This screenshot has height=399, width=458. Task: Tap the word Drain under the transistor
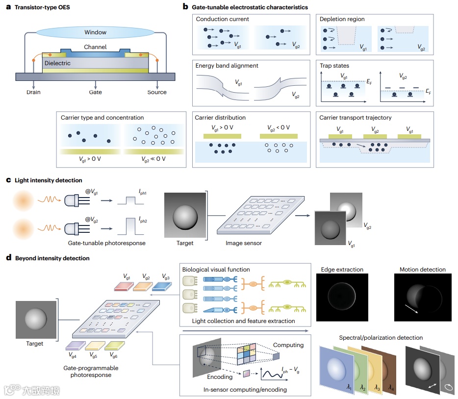pyautogui.click(x=34, y=92)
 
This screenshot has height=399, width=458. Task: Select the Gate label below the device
pyautogui.click(x=95, y=92)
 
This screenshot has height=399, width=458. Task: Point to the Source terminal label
pyautogui.click(x=157, y=92)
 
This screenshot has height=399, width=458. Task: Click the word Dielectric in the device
pyautogui.click(x=58, y=63)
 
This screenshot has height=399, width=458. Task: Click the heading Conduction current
pyautogui.click(x=223, y=19)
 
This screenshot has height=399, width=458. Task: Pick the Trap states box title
pyautogui.click(x=334, y=66)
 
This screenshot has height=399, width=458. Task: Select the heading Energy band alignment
pyautogui.click(x=227, y=66)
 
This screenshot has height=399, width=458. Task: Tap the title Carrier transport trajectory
pyautogui.click(x=355, y=118)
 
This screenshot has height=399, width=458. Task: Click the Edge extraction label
pyautogui.click(x=342, y=270)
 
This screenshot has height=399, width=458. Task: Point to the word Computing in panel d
pyautogui.click(x=288, y=345)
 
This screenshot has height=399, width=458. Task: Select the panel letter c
pyautogui.click(x=8, y=180)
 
